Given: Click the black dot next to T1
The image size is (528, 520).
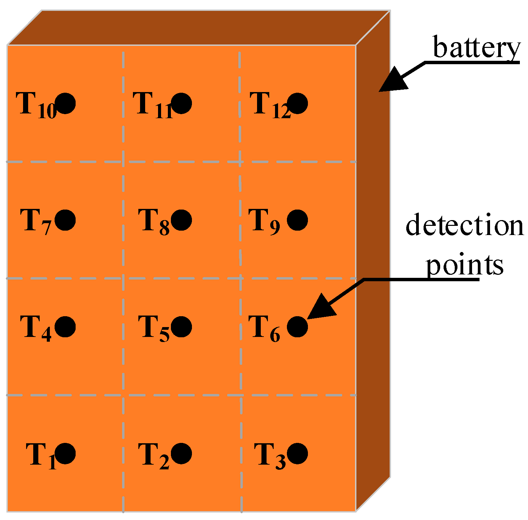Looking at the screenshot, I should pyautogui.click(x=65, y=453).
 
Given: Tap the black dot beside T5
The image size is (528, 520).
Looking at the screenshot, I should pyautogui.click(x=181, y=327).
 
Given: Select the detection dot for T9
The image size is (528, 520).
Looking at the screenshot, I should pyautogui.click(x=297, y=220).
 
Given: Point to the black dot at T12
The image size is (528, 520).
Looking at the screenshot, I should pyautogui.click(x=297, y=103).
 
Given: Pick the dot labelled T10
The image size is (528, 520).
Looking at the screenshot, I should pyautogui.click(x=65, y=103).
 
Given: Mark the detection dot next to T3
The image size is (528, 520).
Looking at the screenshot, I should pyautogui.click(x=297, y=453).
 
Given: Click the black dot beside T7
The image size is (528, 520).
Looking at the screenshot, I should pyautogui.click(x=65, y=220).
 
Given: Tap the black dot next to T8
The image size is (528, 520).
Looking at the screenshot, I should pyautogui.click(x=181, y=220).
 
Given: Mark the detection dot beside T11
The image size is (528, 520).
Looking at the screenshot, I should pyautogui.click(x=181, y=103).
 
